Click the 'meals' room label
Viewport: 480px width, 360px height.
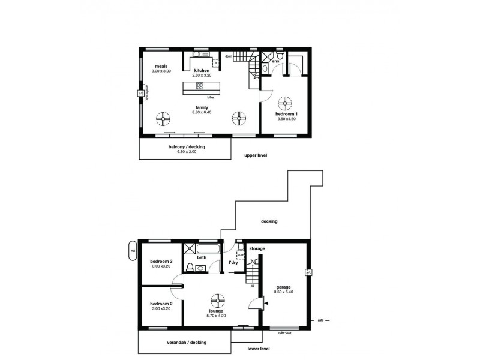(161, 66)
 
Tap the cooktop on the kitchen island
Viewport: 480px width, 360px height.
(199, 86)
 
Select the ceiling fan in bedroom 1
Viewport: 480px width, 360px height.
(283, 101)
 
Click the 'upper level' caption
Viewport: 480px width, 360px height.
(256, 155)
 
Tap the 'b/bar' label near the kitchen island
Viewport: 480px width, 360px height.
(211, 97)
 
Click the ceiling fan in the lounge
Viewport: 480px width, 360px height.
(217, 298)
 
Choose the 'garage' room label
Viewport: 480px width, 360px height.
(284, 287)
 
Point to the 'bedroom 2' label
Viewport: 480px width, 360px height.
(161, 304)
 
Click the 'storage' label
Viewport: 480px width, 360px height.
(257, 248)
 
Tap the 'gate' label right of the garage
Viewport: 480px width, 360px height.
(320, 320)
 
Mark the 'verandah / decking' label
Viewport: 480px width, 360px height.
(186, 342)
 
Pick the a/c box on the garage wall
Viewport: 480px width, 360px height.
(308, 272)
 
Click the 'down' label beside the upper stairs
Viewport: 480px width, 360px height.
(229, 56)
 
